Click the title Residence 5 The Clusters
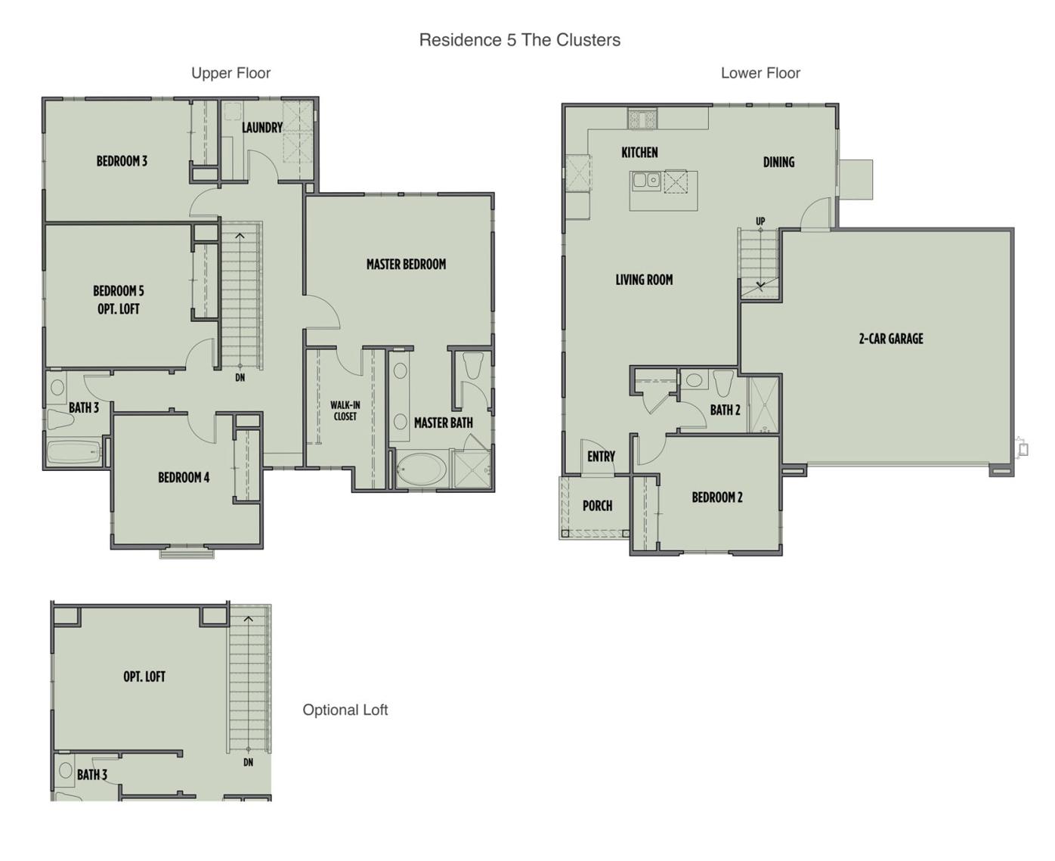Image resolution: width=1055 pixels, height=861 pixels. click(519, 40)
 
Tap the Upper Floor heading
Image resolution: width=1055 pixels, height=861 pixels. click(230, 73)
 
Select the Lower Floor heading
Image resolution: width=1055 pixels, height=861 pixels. click(760, 73)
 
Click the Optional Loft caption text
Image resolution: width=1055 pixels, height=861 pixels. click(345, 710)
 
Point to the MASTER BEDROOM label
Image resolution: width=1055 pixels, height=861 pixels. click(406, 264)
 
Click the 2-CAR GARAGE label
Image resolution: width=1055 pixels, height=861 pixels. click(890, 339)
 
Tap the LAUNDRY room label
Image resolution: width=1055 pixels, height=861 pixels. click(261, 128)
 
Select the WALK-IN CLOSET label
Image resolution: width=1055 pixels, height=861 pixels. click(345, 410)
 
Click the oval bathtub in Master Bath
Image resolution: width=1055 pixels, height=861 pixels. click(420, 469)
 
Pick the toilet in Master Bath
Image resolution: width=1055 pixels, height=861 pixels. click(474, 365)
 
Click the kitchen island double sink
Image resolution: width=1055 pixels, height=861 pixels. click(646, 180)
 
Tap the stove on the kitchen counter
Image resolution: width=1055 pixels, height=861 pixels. click(642, 119)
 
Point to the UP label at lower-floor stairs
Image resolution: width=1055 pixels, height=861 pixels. click(760, 221)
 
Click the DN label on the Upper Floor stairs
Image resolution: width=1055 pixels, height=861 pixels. click(240, 377)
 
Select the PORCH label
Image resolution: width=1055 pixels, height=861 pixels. click(597, 506)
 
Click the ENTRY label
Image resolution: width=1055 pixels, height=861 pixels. click(601, 457)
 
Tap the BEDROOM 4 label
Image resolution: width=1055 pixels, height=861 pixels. click(184, 477)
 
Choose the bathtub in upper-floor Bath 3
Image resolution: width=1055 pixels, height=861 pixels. click(73, 453)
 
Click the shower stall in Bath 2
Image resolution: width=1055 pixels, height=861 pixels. click(763, 404)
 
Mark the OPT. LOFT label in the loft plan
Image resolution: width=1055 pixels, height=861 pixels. click(144, 677)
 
